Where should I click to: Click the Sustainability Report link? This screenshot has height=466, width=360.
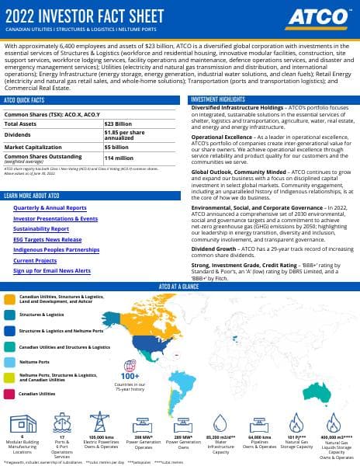40,229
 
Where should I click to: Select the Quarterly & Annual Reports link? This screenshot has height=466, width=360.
50,208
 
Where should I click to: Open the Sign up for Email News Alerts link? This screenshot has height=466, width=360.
50,271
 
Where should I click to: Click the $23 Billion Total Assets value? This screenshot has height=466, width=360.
119,123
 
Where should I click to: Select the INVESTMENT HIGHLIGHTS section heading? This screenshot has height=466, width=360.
216,100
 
